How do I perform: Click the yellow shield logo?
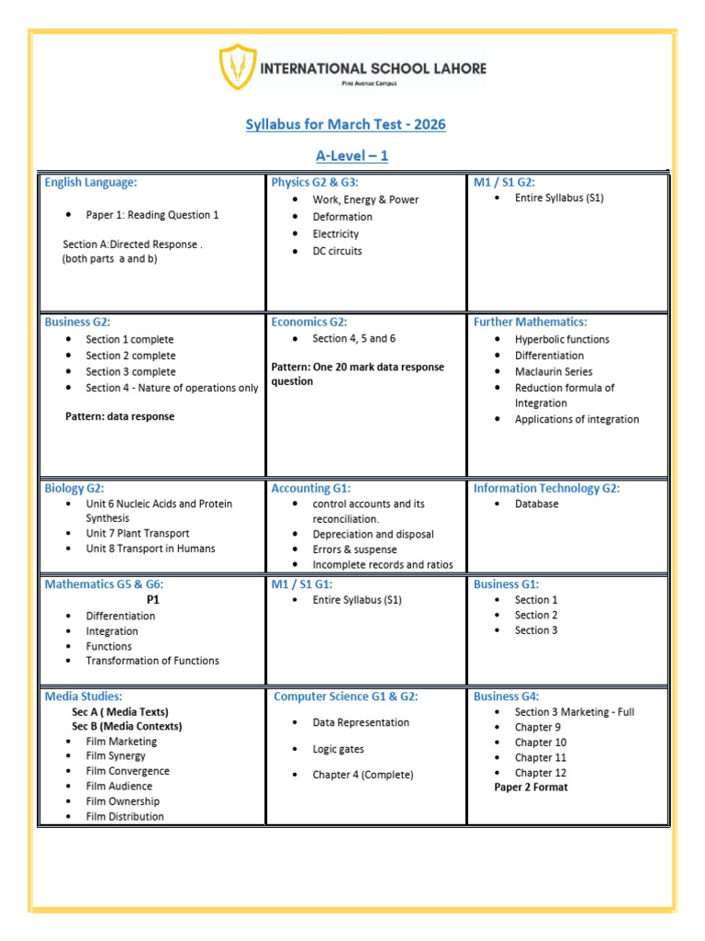click(x=237, y=67)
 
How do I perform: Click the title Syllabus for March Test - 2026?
click(x=345, y=124)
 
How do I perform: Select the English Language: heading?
click(x=91, y=183)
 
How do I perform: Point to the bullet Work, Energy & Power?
click(x=365, y=199)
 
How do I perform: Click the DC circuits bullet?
click(x=337, y=251)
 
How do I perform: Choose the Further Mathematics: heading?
click(x=530, y=322)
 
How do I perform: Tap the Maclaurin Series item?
click(x=554, y=371)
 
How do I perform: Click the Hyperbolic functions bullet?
click(x=562, y=339)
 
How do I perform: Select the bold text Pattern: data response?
click(x=119, y=416)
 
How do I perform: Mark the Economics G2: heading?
click(x=308, y=322)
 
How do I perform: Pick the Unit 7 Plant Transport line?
click(x=138, y=533)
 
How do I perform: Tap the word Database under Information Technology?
click(x=536, y=504)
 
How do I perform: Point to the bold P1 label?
click(x=153, y=599)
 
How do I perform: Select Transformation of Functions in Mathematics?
click(x=152, y=661)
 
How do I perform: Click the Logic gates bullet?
click(x=338, y=749)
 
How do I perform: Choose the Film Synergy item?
click(x=116, y=756)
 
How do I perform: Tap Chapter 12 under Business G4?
click(x=541, y=773)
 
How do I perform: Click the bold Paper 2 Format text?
click(x=531, y=788)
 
